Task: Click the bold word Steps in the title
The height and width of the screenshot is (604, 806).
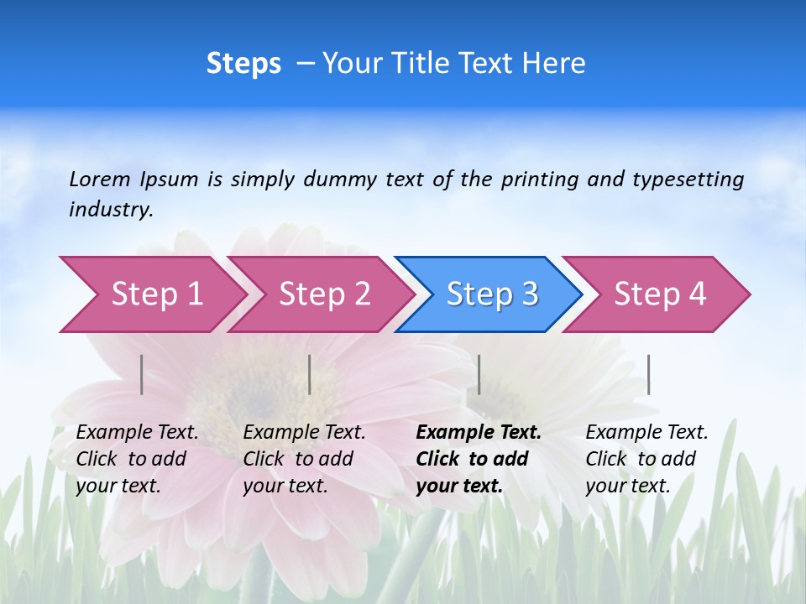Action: coord(243,63)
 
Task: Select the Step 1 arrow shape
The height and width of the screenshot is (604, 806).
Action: coord(151,294)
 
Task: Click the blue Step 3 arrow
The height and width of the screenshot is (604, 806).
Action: coord(489,294)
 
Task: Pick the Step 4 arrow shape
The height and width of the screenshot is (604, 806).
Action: coord(657,294)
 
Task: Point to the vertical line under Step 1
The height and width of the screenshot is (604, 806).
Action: coord(142,374)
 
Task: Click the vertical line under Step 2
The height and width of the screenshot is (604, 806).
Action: coord(310,374)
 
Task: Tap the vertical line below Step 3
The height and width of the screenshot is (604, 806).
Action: coord(479,374)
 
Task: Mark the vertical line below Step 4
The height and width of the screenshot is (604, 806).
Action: coord(648,374)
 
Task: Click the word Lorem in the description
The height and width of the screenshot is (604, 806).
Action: coord(99,179)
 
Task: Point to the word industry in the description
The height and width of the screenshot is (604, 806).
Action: coord(111,210)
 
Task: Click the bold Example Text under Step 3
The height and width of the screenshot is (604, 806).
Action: coord(479,433)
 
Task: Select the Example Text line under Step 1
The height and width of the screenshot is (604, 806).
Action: coord(137,433)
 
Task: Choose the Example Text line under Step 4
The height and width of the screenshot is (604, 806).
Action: coord(646,433)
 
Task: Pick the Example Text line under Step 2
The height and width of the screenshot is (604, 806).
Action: coord(304,433)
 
